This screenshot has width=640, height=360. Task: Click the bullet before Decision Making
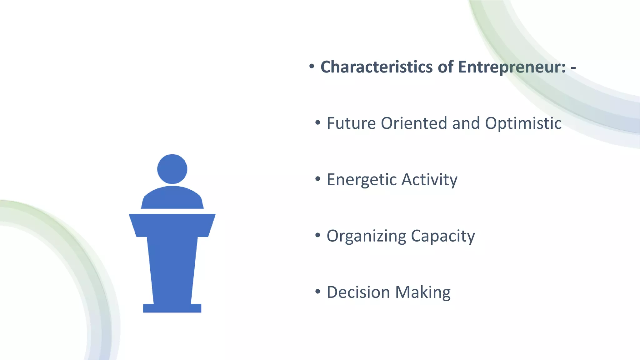click(x=318, y=292)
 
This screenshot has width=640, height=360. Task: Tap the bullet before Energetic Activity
click(x=318, y=179)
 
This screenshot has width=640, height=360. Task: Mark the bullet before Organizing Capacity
click(x=318, y=235)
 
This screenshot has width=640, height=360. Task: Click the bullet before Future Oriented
click(x=318, y=122)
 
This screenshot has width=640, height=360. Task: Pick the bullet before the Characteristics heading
click(x=312, y=66)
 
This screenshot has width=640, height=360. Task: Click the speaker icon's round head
click(x=172, y=169)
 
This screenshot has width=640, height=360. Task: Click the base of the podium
click(x=172, y=308)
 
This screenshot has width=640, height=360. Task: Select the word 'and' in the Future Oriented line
click(x=466, y=123)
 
